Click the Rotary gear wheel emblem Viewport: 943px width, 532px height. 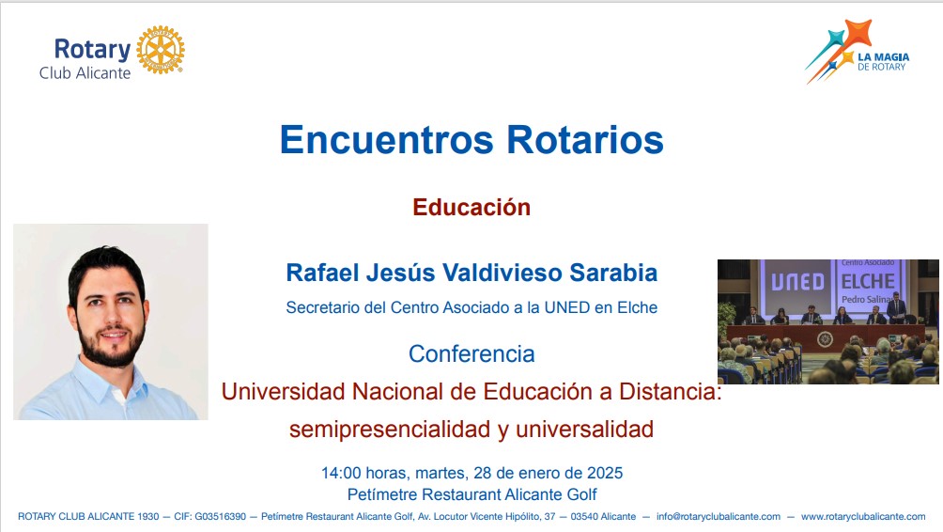pos(161,50)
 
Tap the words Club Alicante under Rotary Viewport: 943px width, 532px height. pos(85,73)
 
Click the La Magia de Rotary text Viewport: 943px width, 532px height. pos(883,62)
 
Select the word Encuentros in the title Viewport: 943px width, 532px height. pos(387,140)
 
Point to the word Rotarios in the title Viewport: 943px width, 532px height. pos(585,140)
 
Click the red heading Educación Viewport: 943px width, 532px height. pos(471,207)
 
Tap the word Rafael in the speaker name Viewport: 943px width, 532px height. pos(323,273)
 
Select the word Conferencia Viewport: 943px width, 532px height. pos(471,353)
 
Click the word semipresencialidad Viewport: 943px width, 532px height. pos(390,430)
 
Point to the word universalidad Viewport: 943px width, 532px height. pos(584,430)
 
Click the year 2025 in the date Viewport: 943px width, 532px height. pos(605,473)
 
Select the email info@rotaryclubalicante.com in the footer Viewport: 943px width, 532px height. pos(719,516)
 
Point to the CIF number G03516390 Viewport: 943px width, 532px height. pos(220,516)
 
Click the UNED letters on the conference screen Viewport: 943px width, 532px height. pos(797,282)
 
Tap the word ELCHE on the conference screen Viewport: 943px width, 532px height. pos(868,281)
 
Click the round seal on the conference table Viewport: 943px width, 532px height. pos(825,339)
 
